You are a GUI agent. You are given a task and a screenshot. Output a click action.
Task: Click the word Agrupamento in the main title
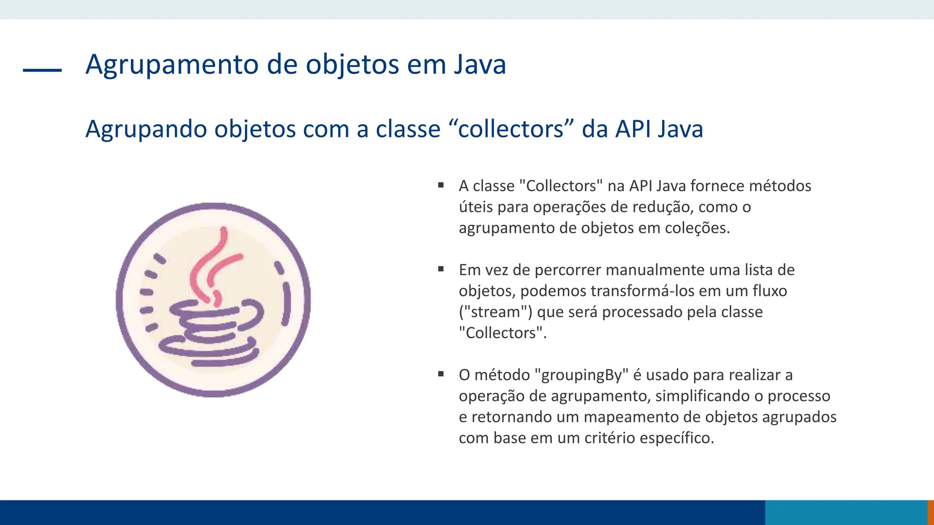pyautogui.click(x=173, y=65)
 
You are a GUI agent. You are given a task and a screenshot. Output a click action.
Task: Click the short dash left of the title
pyautogui.click(x=42, y=70)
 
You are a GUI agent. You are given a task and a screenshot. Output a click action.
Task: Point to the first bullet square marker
pyautogui.click(x=441, y=185)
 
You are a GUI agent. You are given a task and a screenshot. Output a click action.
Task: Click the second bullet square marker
pyautogui.click(x=441, y=269)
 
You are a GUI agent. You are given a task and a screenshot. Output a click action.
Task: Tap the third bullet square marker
pyautogui.click(x=441, y=374)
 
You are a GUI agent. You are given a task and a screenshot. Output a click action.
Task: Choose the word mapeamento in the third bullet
pyautogui.click(x=632, y=417)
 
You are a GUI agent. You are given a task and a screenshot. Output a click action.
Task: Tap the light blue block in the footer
pyautogui.click(x=846, y=512)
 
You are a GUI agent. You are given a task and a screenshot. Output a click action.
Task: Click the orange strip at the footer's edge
pyautogui.click(x=930, y=512)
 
